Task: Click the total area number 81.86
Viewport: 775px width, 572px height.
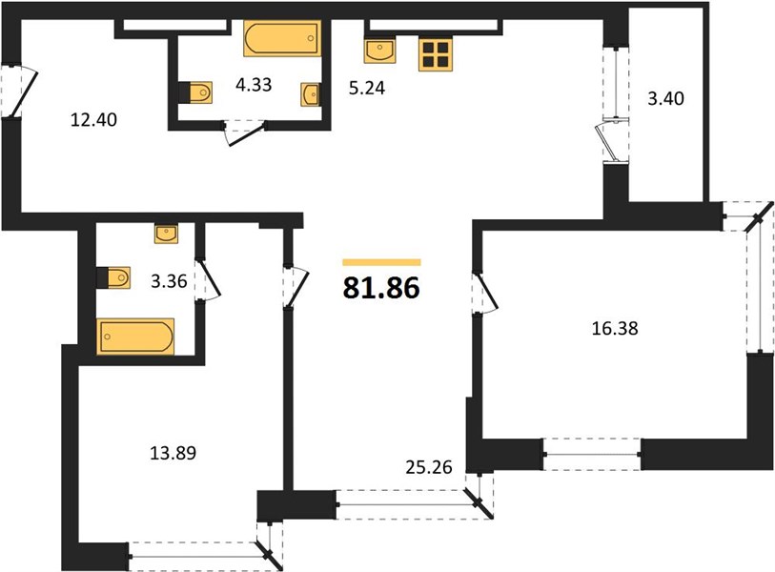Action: (x=381, y=288)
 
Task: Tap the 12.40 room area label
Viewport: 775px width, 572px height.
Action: (x=94, y=119)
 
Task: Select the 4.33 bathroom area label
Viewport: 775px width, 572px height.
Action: (x=254, y=85)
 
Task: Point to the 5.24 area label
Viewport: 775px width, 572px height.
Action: (x=367, y=88)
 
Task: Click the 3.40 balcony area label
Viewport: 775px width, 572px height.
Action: (x=665, y=98)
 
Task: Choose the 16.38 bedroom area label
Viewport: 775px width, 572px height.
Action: (x=615, y=328)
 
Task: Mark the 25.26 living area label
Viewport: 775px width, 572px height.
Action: (x=429, y=467)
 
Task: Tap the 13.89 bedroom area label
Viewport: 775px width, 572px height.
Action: (x=173, y=453)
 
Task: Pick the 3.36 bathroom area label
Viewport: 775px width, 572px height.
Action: (x=169, y=281)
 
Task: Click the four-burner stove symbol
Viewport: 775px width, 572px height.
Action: (x=436, y=54)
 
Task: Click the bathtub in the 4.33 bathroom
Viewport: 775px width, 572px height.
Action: (x=282, y=38)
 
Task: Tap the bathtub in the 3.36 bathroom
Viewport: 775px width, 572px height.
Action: (x=135, y=337)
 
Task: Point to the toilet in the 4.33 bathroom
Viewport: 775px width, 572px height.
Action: (x=195, y=92)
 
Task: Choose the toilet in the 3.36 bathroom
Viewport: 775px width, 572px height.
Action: (x=113, y=277)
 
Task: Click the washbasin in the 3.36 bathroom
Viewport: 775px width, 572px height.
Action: (x=167, y=234)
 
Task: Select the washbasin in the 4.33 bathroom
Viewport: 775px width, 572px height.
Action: (x=310, y=94)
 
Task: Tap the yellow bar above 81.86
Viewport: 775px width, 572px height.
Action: (x=381, y=262)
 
